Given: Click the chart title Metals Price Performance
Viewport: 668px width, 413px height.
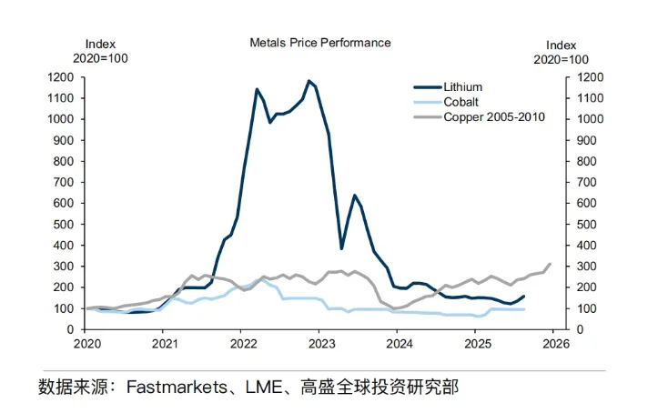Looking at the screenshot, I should [320, 43].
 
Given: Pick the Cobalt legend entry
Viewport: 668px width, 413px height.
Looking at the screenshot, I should [461, 102].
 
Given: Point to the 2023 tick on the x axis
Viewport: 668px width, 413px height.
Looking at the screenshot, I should [321, 344].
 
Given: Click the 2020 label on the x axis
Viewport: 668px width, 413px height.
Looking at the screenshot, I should [86, 344].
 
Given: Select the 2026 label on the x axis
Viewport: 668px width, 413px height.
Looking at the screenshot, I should [556, 344].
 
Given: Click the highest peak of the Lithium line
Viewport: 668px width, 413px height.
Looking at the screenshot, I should [309, 81].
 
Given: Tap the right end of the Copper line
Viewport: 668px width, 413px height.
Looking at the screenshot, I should [550, 264].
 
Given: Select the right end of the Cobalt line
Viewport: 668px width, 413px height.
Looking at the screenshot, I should [524, 309].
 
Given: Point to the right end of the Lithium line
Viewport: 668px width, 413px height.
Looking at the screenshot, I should [524, 296].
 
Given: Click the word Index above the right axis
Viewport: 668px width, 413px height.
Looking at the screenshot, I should [562, 45].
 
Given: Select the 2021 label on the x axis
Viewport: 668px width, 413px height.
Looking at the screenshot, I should [165, 344].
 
